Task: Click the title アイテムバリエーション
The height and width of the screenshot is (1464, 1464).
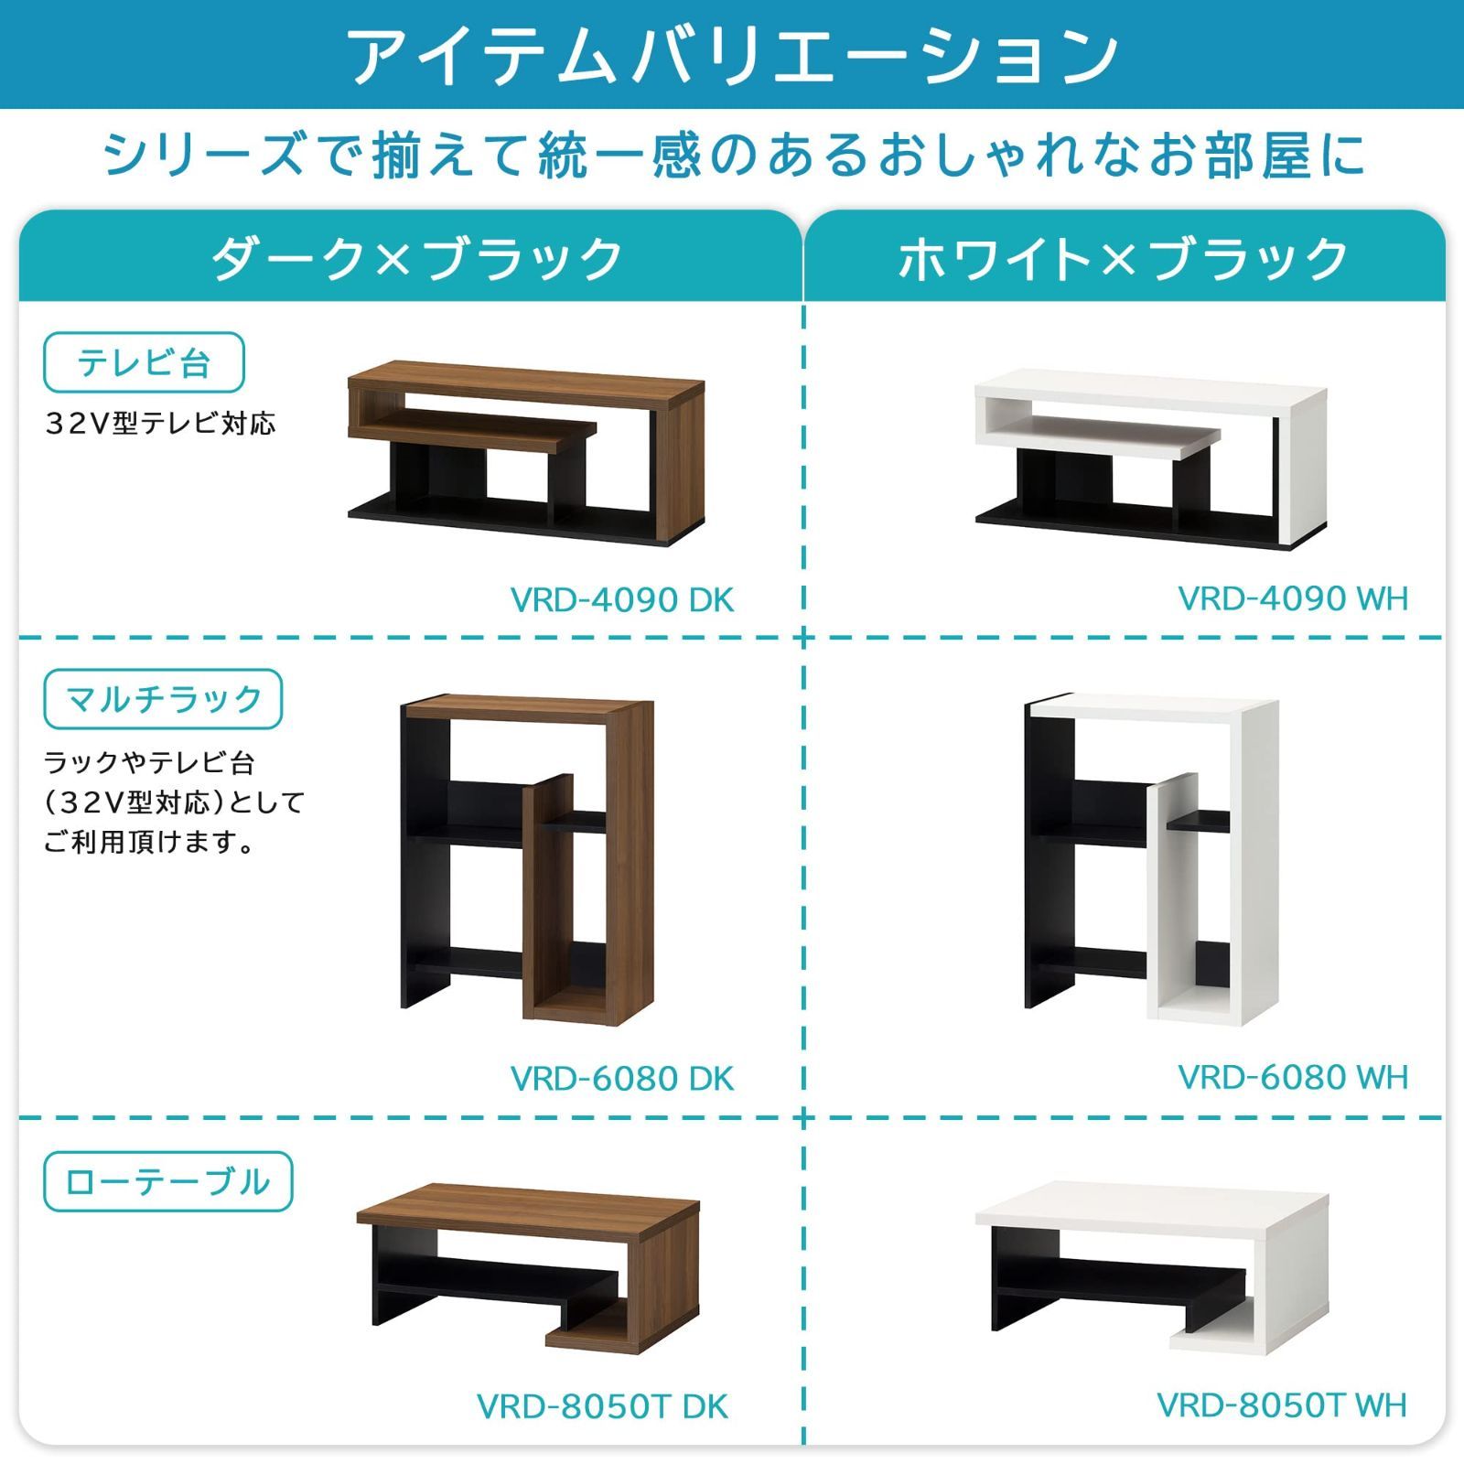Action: click(x=732, y=55)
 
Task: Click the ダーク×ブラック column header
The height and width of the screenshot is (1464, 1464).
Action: click(x=416, y=259)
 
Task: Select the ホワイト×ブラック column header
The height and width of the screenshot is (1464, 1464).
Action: click(x=1124, y=259)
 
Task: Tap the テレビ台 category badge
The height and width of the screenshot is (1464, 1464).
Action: click(x=144, y=362)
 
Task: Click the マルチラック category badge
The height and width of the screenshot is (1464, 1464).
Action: click(x=163, y=699)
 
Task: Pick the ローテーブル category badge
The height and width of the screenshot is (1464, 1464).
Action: click(x=167, y=1181)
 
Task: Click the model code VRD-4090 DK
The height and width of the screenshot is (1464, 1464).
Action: click(x=621, y=600)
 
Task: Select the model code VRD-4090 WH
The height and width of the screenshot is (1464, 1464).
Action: click(x=1292, y=598)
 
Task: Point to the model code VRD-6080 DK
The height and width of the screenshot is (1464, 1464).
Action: click(x=621, y=1079)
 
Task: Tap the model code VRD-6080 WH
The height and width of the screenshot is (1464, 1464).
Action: click(x=1292, y=1077)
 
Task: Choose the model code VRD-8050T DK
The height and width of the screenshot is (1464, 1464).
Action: click(x=602, y=1406)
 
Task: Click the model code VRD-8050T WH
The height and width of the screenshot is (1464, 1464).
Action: click(x=1281, y=1405)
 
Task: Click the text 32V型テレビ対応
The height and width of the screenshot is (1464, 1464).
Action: click(x=160, y=424)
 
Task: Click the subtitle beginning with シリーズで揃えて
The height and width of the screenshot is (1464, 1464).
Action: click(x=732, y=154)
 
